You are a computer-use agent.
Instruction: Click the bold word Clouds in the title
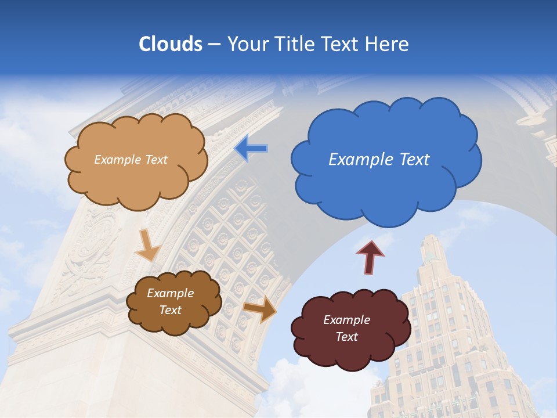[x=171, y=44]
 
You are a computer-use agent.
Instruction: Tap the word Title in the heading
[x=294, y=44]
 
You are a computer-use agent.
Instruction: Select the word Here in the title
[x=388, y=44]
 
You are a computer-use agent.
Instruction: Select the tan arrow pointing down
[x=149, y=245]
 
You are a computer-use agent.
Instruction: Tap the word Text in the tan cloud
[x=155, y=160]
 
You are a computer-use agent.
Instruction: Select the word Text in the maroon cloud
[x=346, y=337]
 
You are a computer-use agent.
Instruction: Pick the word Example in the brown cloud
[x=170, y=293]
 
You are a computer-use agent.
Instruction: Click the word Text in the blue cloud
[x=414, y=160]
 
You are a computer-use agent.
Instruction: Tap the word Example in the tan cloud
[x=117, y=160]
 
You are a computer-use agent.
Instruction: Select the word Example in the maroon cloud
[x=346, y=320]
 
